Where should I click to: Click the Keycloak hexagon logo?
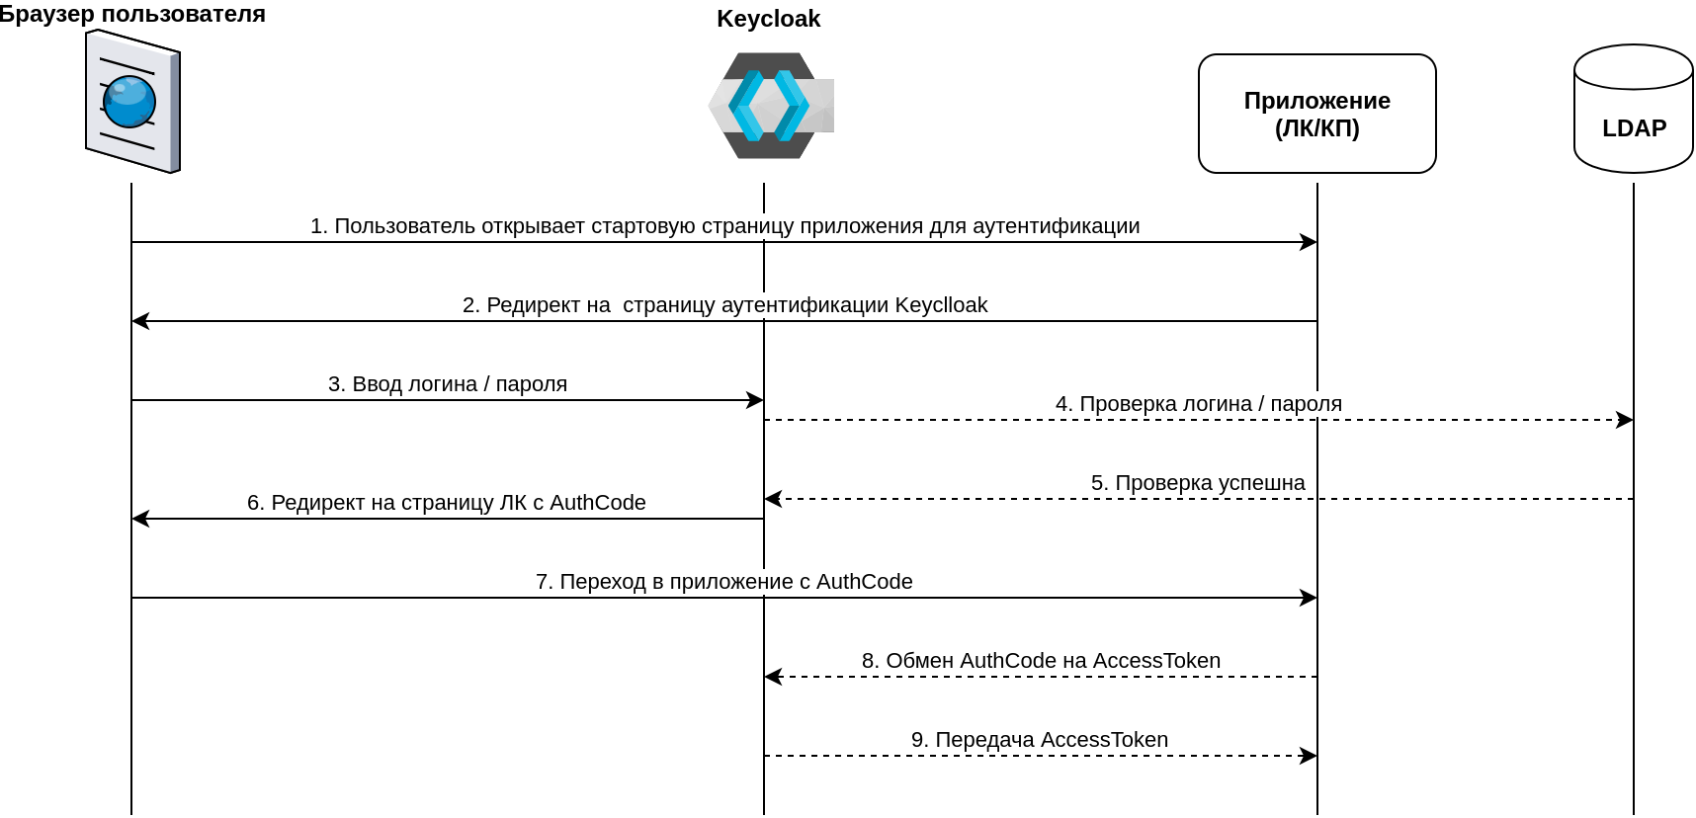[x=770, y=106]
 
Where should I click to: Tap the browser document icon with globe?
[x=132, y=102]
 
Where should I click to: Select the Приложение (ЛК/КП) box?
[x=1316, y=114]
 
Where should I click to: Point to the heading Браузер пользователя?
[x=132, y=14]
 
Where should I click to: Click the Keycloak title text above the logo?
[x=768, y=19]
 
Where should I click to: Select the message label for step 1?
[x=724, y=226]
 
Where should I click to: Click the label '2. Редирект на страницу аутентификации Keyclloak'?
[x=724, y=305]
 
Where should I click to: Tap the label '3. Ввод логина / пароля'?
[x=448, y=384]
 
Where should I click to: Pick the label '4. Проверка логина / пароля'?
[x=1198, y=404]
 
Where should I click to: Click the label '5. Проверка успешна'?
[x=1198, y=483]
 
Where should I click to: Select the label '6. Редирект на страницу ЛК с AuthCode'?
[x=447, y=503]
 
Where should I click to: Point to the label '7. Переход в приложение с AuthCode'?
[x=723, y=582]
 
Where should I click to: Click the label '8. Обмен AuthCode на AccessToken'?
[x=1041, y=661]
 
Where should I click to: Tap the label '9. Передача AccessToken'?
[x=1040, y=740]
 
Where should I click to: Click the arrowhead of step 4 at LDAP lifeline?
[x=1625, y=420]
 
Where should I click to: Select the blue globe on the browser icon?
[x=129, y=103]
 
